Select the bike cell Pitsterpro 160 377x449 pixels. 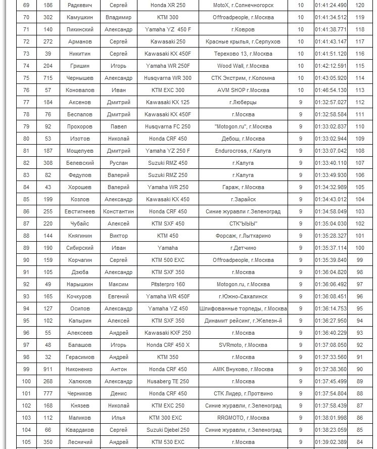[168, 284]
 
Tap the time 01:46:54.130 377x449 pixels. [331, 90]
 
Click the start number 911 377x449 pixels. [48, 369]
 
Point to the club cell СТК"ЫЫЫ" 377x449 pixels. [243, 223]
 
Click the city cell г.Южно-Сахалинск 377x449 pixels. [243, 296]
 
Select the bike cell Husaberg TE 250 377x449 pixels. [168, 381]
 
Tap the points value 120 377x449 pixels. [360, 5]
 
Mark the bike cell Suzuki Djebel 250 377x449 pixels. [168, 430]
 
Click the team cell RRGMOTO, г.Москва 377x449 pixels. [243, 418]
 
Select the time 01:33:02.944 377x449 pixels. [331, 139]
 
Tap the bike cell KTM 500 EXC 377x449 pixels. [168, 260]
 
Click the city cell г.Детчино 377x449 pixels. [243, 248]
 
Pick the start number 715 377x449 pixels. [48, 78]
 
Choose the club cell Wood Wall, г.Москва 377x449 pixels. [243, 66]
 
